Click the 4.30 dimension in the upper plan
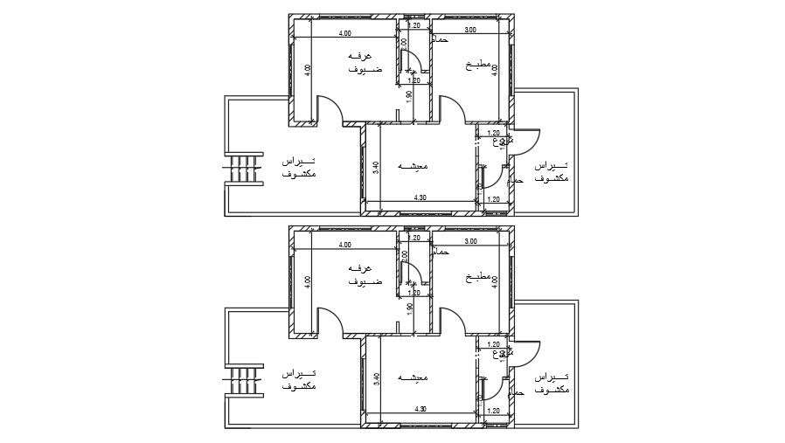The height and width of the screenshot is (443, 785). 420,199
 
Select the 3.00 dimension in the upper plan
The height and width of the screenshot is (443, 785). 470,31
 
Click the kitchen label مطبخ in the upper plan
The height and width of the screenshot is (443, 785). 478,66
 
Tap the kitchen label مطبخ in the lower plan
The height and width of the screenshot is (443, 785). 478,277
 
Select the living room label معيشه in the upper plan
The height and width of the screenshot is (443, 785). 413,166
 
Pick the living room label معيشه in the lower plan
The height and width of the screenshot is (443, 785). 413,378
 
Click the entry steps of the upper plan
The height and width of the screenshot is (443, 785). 245,168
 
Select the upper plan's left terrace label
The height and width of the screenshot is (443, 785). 299,168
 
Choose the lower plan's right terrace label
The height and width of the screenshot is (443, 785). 551,382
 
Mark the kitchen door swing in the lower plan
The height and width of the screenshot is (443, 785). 452,320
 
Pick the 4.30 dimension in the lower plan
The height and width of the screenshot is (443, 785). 420,409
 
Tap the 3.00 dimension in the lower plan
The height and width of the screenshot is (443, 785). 470,241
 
